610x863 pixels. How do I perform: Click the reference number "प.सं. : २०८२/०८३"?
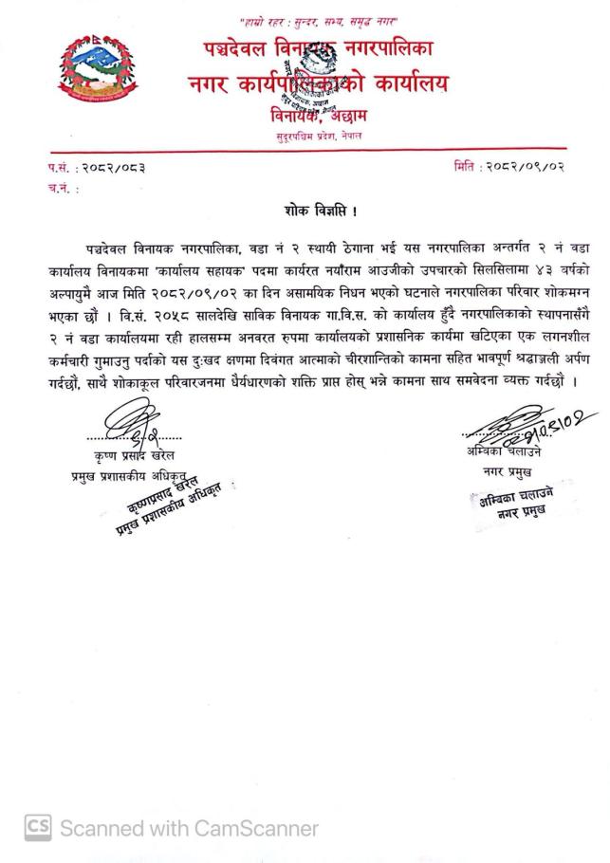click(x=97, y=168)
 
